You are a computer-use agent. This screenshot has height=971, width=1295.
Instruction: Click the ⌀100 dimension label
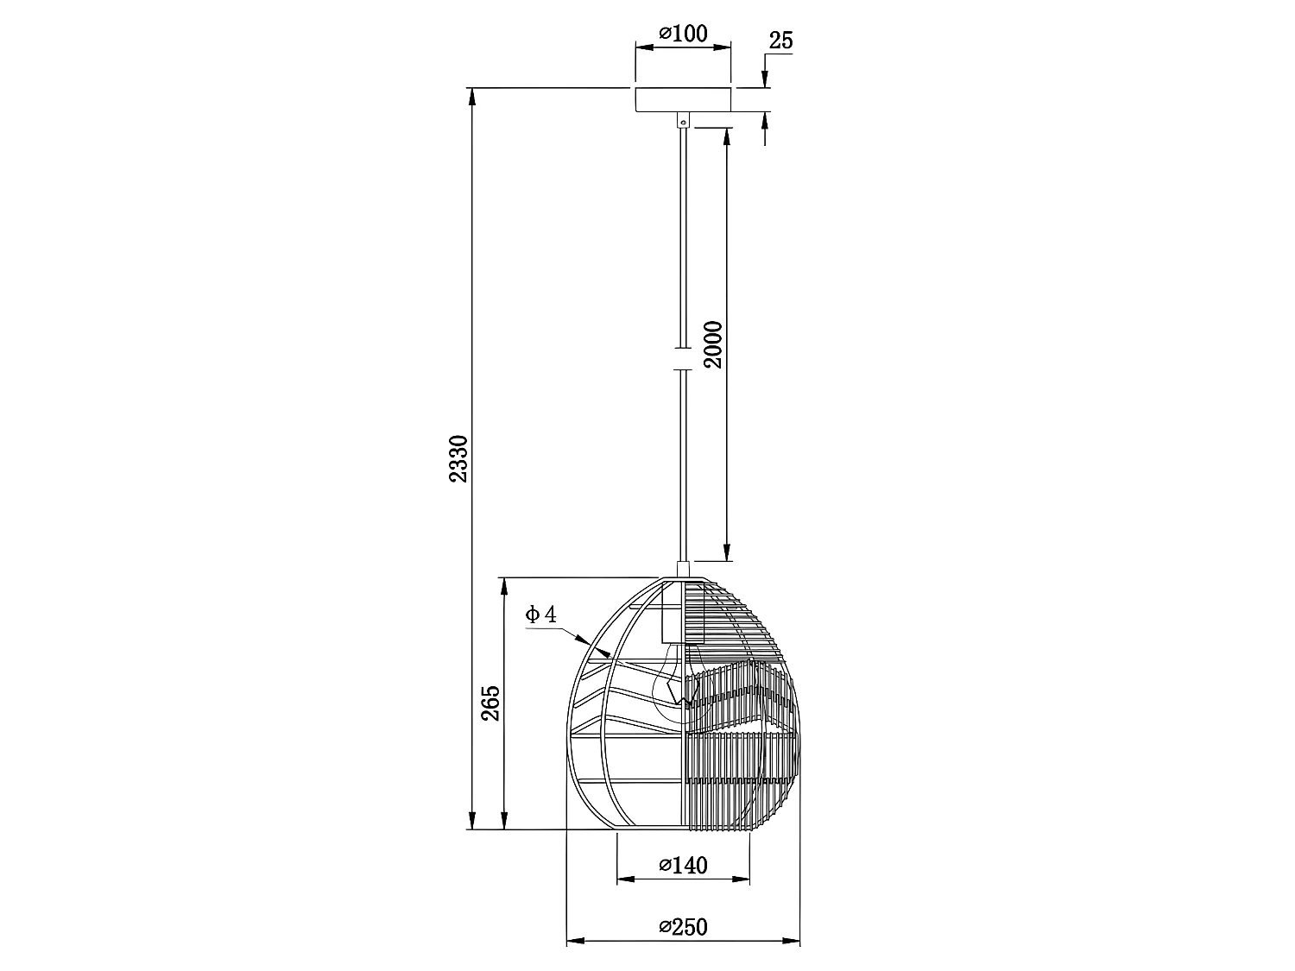pos(683,35)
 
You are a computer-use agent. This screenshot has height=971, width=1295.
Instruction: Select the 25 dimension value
pos(780,41)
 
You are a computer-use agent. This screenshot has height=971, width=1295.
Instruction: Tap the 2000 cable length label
pos(713,344)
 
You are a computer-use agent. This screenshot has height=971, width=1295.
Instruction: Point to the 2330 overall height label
pos(458,459)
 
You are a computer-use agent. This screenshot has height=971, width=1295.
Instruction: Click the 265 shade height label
pos(490,703)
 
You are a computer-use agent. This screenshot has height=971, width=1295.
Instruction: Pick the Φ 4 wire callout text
pos(541,615)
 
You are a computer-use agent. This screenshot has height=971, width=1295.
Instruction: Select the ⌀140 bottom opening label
pos(683,865)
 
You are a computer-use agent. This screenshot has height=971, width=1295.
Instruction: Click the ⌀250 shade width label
pos(683,928)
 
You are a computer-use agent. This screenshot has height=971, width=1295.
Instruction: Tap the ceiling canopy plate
pos(683,99)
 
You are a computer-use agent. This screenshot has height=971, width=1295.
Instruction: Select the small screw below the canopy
pos(684,123)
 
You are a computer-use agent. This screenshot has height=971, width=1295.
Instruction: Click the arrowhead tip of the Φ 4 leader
pos(590,646)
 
